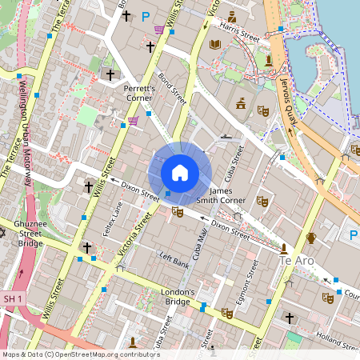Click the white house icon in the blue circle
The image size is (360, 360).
[180, 172]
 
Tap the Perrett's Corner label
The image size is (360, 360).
[144, 92]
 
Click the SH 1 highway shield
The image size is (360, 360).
[10, 298]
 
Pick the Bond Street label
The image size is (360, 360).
[172, 89]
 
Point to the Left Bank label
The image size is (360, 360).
[174, 260]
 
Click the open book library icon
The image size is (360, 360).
[214, 45]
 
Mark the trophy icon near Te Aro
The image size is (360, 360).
[310, 238]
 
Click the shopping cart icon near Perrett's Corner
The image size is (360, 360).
[133, 121]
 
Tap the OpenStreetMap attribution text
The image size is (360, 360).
[81, 354]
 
